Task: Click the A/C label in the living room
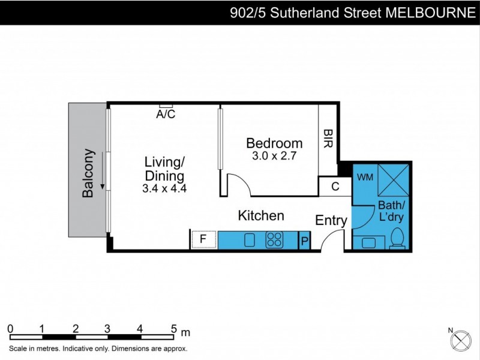click(166, 115)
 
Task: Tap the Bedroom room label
click(274, 143)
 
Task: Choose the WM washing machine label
click(365, 178)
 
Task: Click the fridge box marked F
click(203, 239)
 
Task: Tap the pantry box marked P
click(305, 241)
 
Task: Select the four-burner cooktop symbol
click(274, 240)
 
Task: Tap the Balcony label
click(88, 173)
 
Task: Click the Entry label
click(331, 221)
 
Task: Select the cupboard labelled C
click(335, 187)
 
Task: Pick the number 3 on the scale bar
click(107, 328)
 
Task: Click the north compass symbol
click(460, 340)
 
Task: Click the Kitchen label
click(261, 215)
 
